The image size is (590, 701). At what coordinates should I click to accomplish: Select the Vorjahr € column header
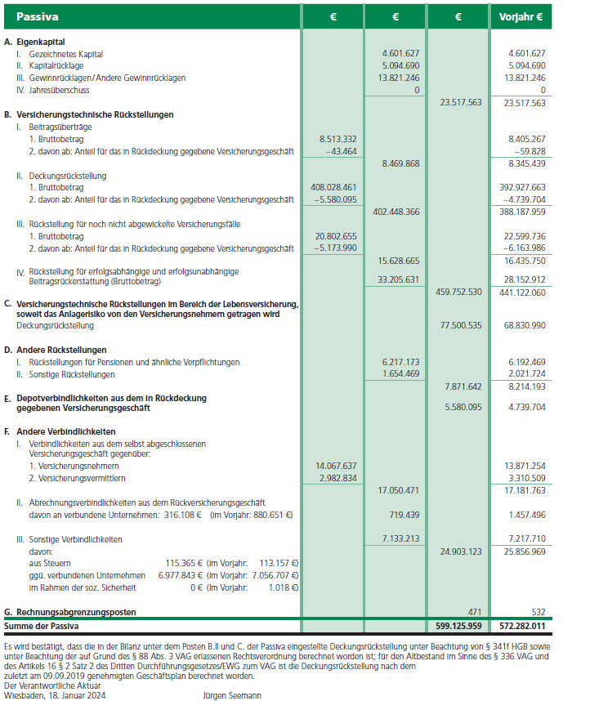pyautogui.click(x=521, y=16)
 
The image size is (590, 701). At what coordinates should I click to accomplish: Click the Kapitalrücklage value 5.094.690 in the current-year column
pyautogui.click(x=396, y=65)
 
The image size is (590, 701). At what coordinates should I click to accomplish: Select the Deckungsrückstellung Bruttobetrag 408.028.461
pyautogui.click(x=329, y=187)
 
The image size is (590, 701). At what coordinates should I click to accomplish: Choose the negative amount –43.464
pyautogui.click(x=337, y=151)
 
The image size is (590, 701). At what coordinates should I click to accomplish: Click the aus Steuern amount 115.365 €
pyautogui.click(x=184, y=563)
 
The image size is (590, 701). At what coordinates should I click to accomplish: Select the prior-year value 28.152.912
pyautogui.click(x=522, y=278)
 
